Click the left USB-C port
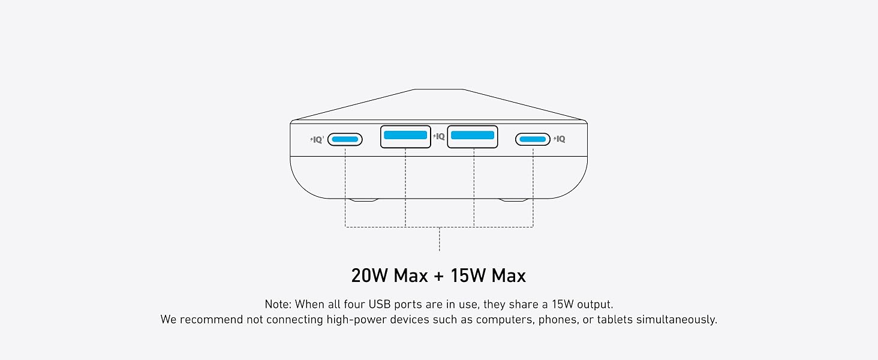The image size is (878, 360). (345, 139)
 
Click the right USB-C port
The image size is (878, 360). (533, 139)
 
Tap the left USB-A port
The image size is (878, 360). (405, 136)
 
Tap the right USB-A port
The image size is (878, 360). (473, 136)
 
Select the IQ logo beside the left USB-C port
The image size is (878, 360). (317, 140)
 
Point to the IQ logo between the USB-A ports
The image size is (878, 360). (439, 136)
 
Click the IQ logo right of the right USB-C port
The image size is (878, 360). (560, 139)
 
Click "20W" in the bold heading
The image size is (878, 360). (369, 275)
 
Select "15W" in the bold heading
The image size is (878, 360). (468, 275)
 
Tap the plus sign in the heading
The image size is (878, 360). (439, 276)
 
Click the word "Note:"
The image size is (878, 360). (278, 304)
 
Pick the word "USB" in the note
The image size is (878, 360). (380, 304)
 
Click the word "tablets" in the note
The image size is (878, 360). (615, 320)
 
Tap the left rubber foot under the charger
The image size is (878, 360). (364, 200)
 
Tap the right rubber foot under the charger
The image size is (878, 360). (513, 200)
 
